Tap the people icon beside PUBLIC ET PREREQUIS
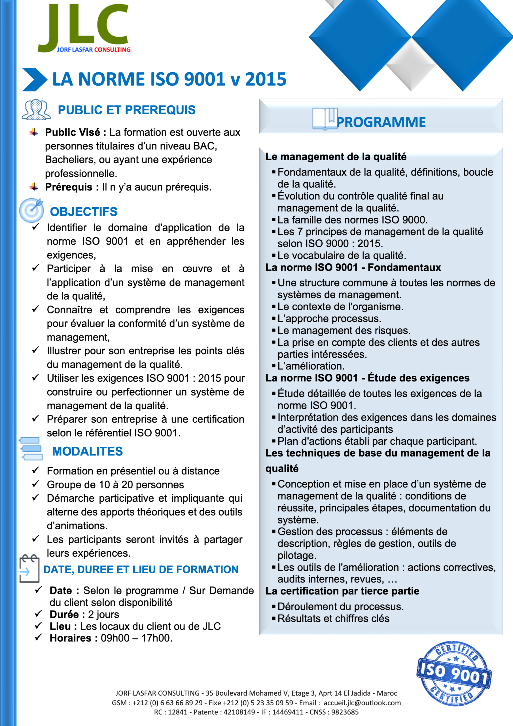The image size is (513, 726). [36, 110]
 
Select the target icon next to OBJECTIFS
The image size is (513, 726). [31, 210]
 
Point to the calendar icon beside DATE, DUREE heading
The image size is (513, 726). [29, 569]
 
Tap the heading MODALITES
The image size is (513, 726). [87, 451]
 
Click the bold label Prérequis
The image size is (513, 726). [69, 187]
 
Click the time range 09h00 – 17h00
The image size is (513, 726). [136, 638]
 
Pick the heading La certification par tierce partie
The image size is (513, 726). [342, 591]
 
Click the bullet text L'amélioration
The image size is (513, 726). [311, 366]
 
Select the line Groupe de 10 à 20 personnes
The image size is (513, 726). [115, 484]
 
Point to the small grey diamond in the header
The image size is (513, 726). [411, 64]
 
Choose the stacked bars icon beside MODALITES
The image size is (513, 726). [31, 448]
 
